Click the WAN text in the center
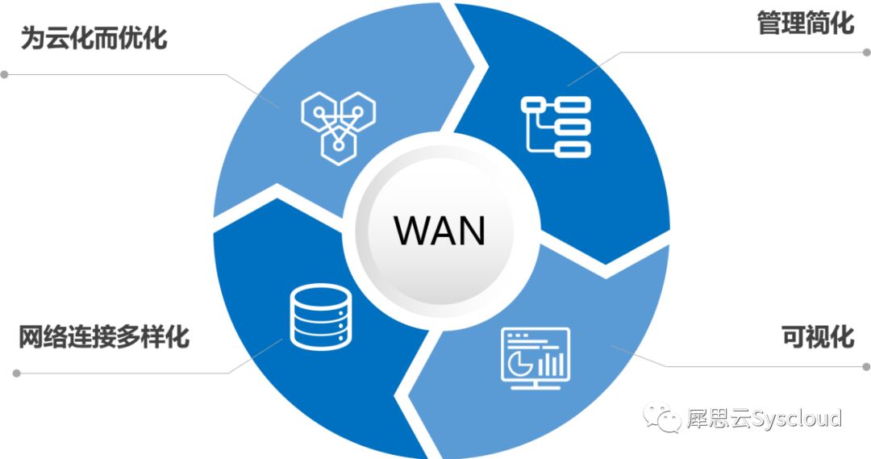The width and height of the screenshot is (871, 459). point(440,230)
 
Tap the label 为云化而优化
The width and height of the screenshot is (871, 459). point(94,39)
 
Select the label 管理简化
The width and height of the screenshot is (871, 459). point(806,23)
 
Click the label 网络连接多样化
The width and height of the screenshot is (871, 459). point(104,336)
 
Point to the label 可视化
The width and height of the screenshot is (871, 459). point(818,336)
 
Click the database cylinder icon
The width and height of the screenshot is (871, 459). point(321,317)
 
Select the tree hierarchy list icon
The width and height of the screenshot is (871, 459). point(556,127)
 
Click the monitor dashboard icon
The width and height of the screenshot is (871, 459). point(536,358)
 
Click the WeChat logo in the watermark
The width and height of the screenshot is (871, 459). point(662,418)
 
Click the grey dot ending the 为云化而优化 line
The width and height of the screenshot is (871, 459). point(5,74)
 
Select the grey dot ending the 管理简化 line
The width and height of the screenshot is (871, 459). point(866,52)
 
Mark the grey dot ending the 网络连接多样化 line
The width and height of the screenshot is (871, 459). point(17,373)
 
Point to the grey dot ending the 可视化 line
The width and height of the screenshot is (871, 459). point(866,367)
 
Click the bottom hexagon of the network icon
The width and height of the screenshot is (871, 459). point(338,145)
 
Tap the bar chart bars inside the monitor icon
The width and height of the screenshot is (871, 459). point(551,361)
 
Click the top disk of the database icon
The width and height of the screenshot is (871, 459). point(321,295)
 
